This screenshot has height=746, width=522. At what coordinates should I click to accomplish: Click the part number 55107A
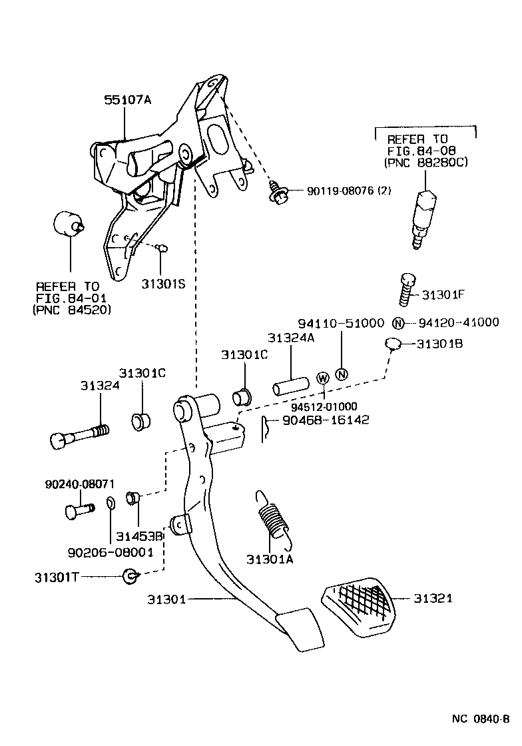click(128, 101)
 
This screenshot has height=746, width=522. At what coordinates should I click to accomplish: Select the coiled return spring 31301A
click(272, 514)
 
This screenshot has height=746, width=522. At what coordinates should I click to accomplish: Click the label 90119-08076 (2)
click(349, 191)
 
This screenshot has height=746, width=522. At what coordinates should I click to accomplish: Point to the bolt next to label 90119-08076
click(278, 194)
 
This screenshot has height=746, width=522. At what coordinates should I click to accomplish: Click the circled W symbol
click(323, 378)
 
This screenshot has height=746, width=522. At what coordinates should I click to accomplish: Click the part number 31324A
click(290, 339)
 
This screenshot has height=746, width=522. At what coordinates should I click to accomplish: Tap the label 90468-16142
click(326, 420)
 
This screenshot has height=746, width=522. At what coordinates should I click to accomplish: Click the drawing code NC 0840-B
click(480, 719)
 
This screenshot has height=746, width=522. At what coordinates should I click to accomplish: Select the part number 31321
click(433, 598)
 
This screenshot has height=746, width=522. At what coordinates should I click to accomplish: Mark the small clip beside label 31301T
click(130, 575)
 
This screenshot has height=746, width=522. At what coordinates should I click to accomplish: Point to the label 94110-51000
click(341, 323)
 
